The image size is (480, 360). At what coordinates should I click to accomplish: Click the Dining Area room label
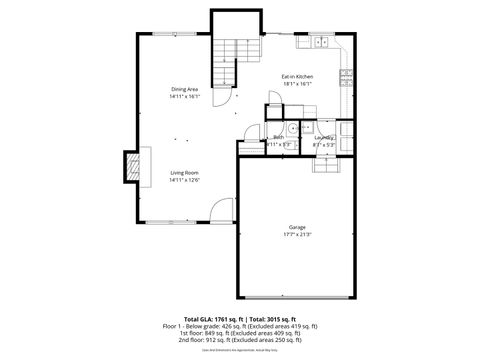[x=185, y=90]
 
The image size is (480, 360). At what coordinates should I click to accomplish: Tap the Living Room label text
[x=184, y=173]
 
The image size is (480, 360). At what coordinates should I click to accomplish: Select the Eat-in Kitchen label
[x=298, y=76]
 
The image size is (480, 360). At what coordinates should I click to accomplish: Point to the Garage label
[x=297, y=227]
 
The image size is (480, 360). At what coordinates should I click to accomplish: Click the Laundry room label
[x=324, y=137]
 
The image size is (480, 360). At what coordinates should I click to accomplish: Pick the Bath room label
[x=278, y=137]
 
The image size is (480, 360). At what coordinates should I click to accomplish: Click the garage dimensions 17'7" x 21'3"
[x=297, y=235]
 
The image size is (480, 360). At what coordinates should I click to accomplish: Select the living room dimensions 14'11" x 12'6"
[x=184, y=180]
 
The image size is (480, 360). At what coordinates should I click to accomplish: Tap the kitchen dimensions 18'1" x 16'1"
[x=298, y=84]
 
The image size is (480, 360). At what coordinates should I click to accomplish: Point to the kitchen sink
[x=322, y=42]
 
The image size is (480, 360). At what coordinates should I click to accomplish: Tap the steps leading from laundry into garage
[x=326, y=162]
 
